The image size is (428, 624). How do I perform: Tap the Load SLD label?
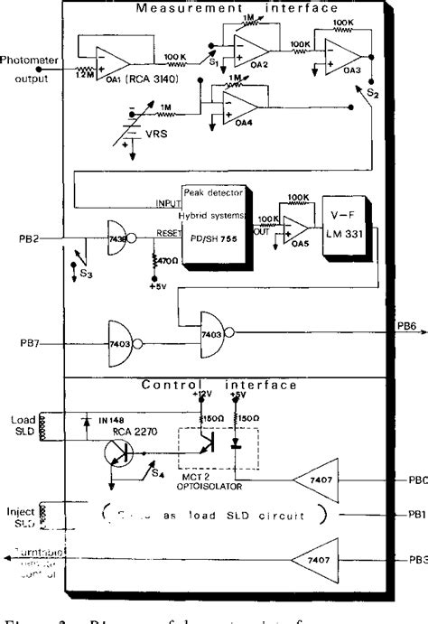click(x=23, y=424)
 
